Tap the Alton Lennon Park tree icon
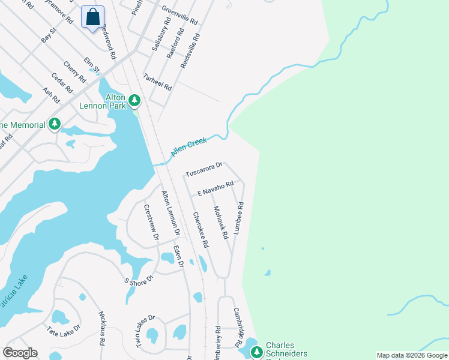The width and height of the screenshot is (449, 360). [135, 100]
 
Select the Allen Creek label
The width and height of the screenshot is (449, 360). [188, 147]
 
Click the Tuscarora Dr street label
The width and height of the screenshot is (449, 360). [203, 169]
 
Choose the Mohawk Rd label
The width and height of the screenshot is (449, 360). [221, 223]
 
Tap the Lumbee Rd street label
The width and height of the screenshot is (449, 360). [239, 217]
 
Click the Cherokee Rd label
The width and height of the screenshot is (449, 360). [200, 230]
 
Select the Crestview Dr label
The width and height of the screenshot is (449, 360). [151, 222]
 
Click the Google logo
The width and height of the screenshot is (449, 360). [20, 352]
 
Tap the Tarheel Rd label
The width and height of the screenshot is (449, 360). [157, 82]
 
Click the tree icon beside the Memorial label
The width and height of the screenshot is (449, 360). [55, 124]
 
